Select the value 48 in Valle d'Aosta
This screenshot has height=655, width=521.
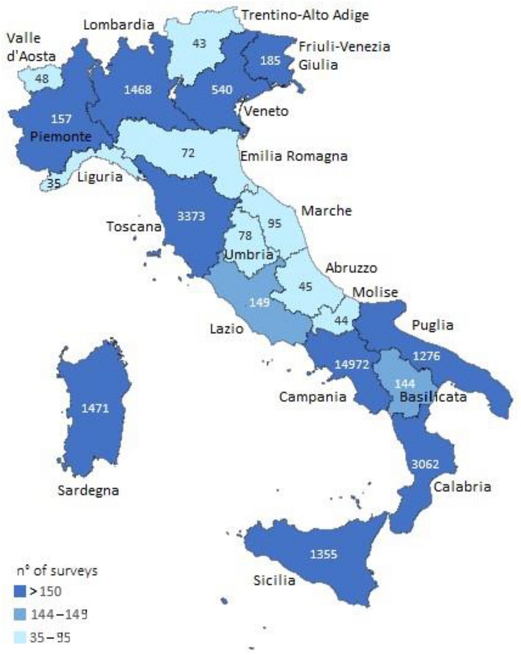(x=41, y=79)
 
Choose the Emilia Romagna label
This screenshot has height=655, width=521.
(x=294, y=157)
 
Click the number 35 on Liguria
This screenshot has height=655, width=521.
(x=54, y=185)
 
